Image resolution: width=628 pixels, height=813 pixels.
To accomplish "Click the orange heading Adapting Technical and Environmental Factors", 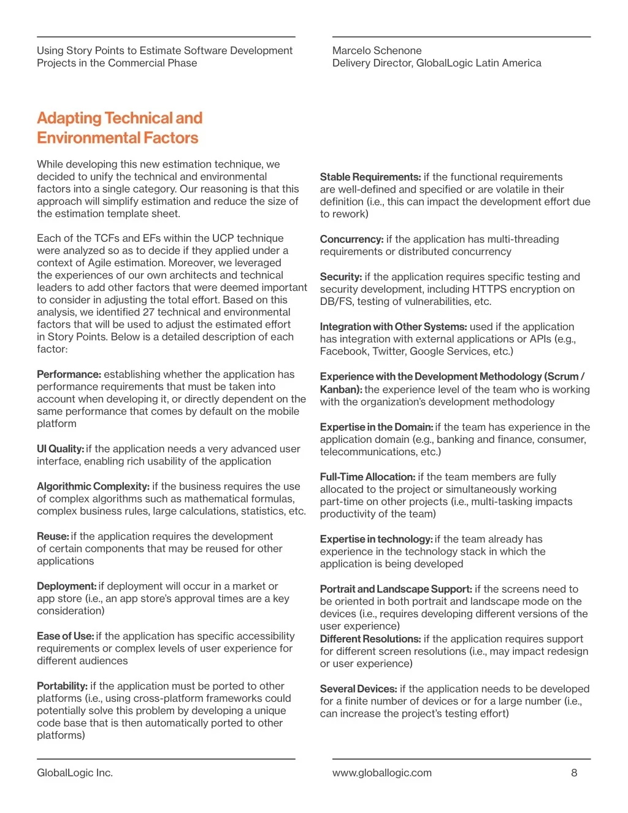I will pyautogui.click(x=119, y=128).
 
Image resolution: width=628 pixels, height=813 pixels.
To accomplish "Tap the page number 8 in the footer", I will pyautogui.click(x=574, y=773).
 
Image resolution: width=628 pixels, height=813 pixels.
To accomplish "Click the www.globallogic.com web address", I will pyautogui.click(x=381, y=773).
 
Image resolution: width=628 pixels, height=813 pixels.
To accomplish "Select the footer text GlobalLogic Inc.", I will pyautogui.click(x=75, y=773).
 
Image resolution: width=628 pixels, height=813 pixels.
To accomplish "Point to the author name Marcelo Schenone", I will pyautogui.click(x=377, y=50).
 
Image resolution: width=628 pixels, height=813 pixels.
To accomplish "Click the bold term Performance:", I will pyautogui.click(x=69, y=374).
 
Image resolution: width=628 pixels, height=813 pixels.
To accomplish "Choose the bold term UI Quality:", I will pyautogui.click(x=60, y=449).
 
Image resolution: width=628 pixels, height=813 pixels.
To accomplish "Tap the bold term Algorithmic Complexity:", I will pyautogui.click(x=93, y=487).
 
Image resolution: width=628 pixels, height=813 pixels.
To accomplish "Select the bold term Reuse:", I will pyautogui.click(x=53, y=536).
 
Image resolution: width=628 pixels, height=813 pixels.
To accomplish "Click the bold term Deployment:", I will pyautogui.click(x=66, y=586).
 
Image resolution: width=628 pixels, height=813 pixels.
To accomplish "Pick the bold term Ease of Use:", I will pyautogui.click(x=65, y=636).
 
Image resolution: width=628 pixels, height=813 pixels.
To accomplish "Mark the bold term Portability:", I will pyautogui.click(x=62, y=686).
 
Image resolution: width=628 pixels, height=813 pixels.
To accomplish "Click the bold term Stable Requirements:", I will pyautogui.click(x=370, y=177).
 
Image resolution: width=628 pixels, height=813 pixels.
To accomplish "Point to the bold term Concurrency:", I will pyautogui.click(x=351, y=239).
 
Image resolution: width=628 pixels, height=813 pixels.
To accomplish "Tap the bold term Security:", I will pyautogui.click(x=340, y=277).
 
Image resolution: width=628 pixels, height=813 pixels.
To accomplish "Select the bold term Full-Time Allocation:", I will pyautogui.click(x=367, y=477).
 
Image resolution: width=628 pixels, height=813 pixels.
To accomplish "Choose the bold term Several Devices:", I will pyautogui.click(x=358, y=689).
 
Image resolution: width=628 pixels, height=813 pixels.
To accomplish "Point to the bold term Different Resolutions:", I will pyautogui.click(x=370, y=639).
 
